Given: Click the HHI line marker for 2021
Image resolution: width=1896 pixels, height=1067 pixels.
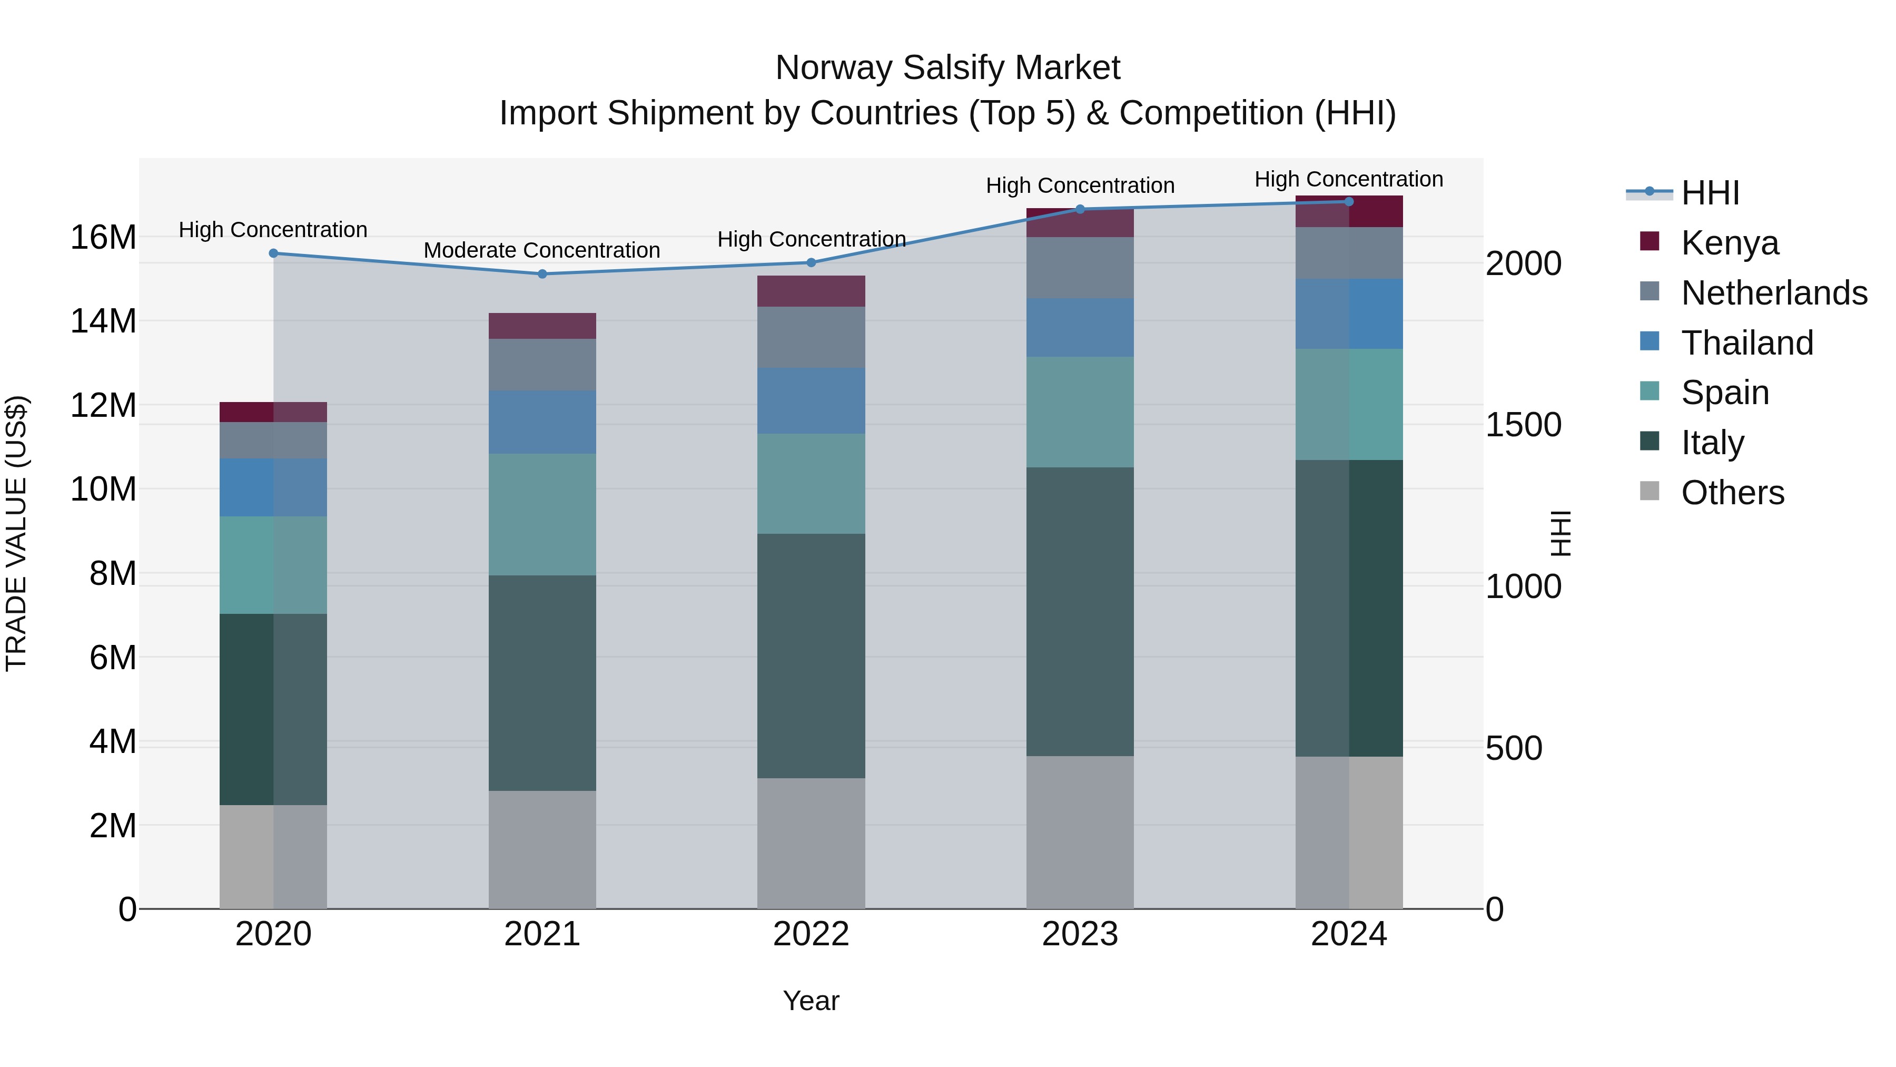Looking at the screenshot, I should tap(542, 274).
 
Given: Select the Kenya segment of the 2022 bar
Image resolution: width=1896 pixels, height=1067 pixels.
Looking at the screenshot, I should tap(811, 291).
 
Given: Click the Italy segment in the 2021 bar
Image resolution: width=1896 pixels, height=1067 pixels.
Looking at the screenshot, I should tap(542, 683).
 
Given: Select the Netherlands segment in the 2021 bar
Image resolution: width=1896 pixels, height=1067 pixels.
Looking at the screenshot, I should tap(542, 365).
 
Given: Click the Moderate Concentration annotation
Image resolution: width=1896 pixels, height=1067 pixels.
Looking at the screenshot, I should tap(542, 250).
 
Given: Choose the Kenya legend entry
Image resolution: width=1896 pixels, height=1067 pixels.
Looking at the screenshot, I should tap(1729, 243).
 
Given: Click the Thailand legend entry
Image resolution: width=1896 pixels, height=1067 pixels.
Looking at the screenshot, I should tap(1746, 343).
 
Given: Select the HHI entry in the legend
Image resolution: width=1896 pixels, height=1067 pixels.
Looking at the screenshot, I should tap(1710, 193).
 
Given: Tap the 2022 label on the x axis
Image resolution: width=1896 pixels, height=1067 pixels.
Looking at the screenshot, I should tap(811, 934).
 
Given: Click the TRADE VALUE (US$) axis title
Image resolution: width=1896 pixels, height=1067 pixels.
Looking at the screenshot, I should tap(16, 533).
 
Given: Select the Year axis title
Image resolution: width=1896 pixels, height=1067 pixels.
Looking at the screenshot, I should tap(811, 1001).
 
